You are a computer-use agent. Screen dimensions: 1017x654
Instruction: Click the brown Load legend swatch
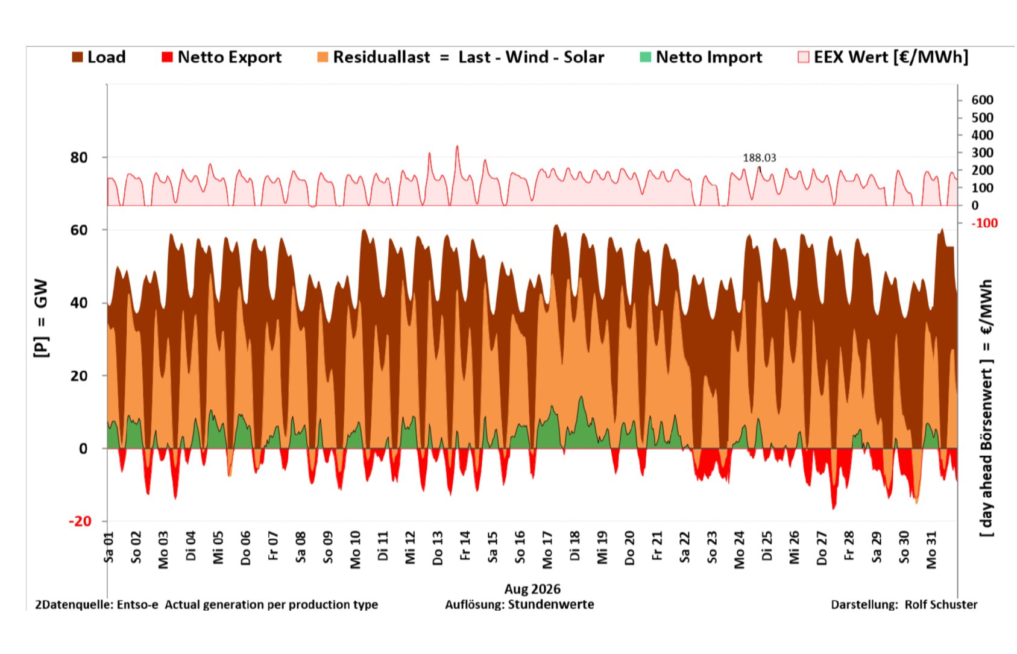[78, 57]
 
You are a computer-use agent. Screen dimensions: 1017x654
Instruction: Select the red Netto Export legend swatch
[167, 57]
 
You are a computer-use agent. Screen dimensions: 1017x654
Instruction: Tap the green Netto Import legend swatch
[645, 57]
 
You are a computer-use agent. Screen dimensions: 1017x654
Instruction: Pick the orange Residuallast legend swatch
[323, 57]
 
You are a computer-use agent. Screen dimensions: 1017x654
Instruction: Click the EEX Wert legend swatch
[803, 57]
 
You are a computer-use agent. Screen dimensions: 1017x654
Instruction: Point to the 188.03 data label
[759, 158]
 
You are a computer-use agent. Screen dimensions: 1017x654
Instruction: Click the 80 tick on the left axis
[78, 158]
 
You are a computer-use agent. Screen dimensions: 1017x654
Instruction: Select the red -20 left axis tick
[80, 521]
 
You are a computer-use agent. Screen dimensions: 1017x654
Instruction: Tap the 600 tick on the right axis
[982, 100]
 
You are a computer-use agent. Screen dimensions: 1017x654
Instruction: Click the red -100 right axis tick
[984, 223]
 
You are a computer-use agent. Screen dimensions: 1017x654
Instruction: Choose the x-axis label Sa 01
[109, 548]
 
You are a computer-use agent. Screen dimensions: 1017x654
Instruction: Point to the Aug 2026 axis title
[532, 589]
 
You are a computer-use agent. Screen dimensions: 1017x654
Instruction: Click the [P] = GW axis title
[41, 318]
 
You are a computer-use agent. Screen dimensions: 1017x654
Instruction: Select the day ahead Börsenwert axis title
[986, 408]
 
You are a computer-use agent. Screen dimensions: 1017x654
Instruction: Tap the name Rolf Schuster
[940, 605]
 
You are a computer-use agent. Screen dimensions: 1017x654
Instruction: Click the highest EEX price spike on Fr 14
[457, 146]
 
